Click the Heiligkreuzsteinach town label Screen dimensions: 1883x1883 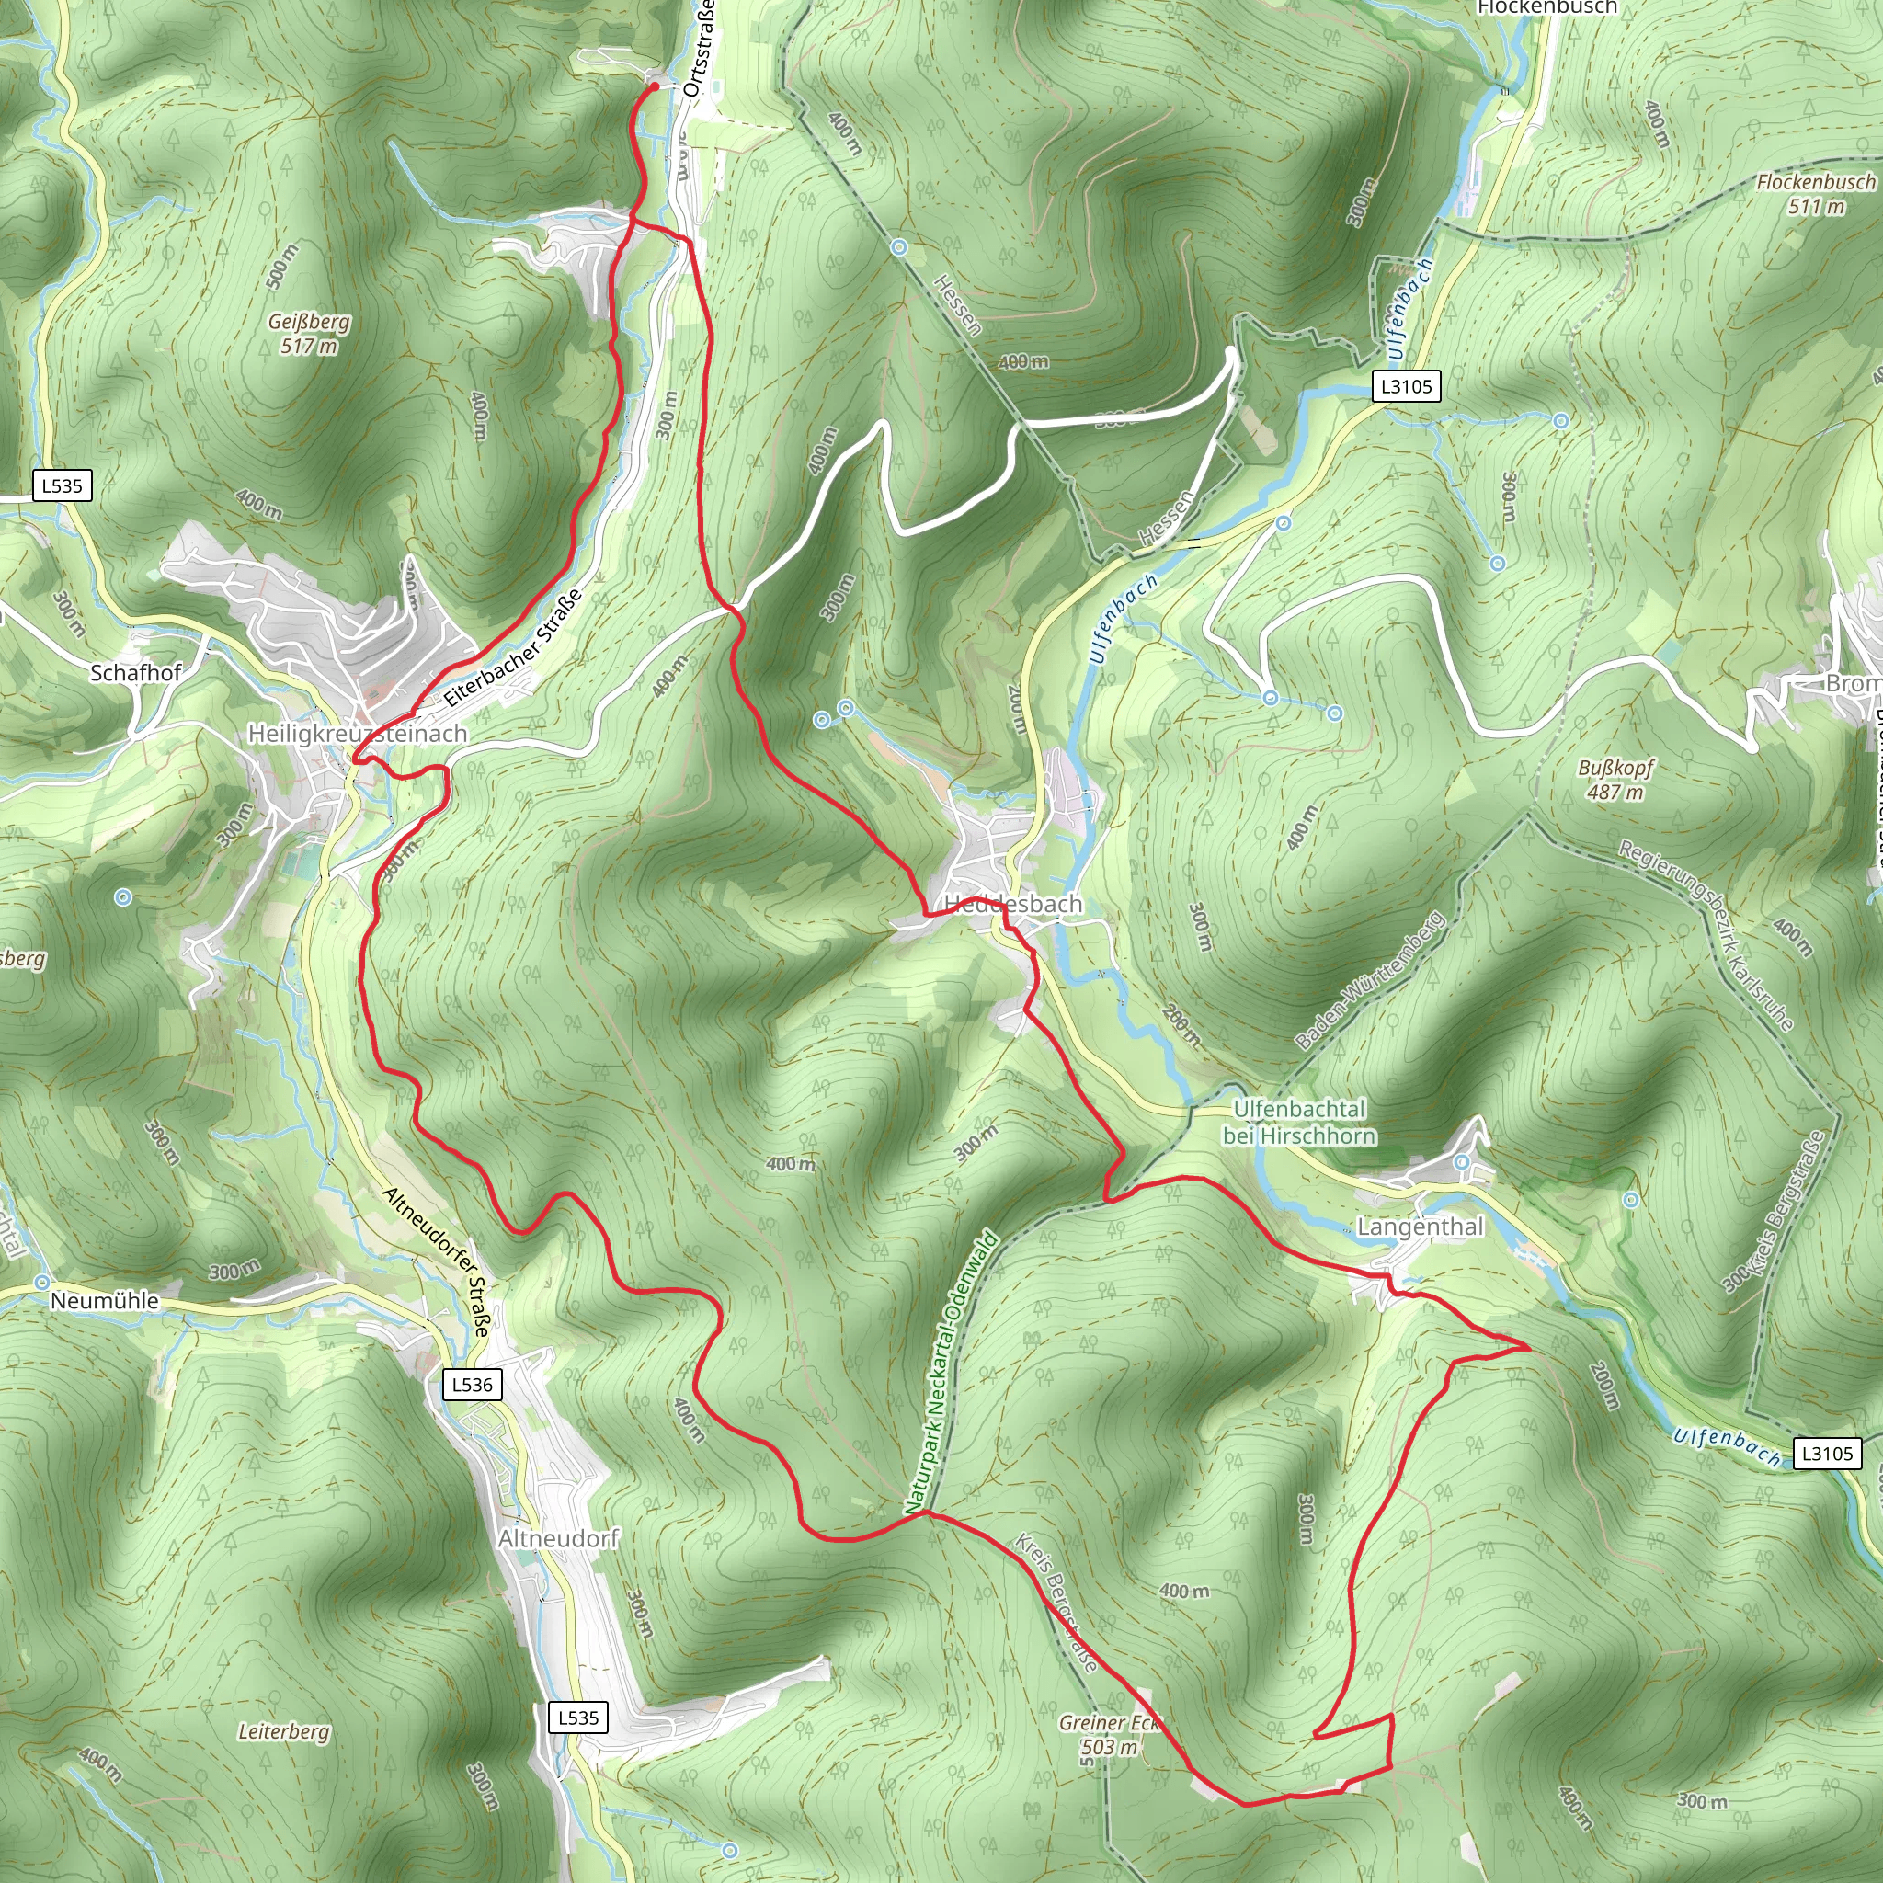point(358,733)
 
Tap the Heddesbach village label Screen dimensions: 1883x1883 point(1013,905)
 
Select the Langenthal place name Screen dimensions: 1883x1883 point(1420,1227)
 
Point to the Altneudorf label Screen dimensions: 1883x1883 point(558,1538)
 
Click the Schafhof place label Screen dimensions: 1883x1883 point(135,672)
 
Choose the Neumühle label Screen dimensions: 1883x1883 point(104,1301)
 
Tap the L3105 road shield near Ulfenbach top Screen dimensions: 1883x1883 point(1407,386)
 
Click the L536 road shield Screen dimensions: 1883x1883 point(473,1384)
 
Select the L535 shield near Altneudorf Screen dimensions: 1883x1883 point(578,1718)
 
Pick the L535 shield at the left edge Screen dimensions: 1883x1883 point(63,485)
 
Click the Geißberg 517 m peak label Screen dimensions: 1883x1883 point(309,334)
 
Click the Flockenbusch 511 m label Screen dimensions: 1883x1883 point(1816,194)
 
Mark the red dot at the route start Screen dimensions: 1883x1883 point(654,86)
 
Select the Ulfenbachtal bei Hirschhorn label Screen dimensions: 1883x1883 point(1299,1123)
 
